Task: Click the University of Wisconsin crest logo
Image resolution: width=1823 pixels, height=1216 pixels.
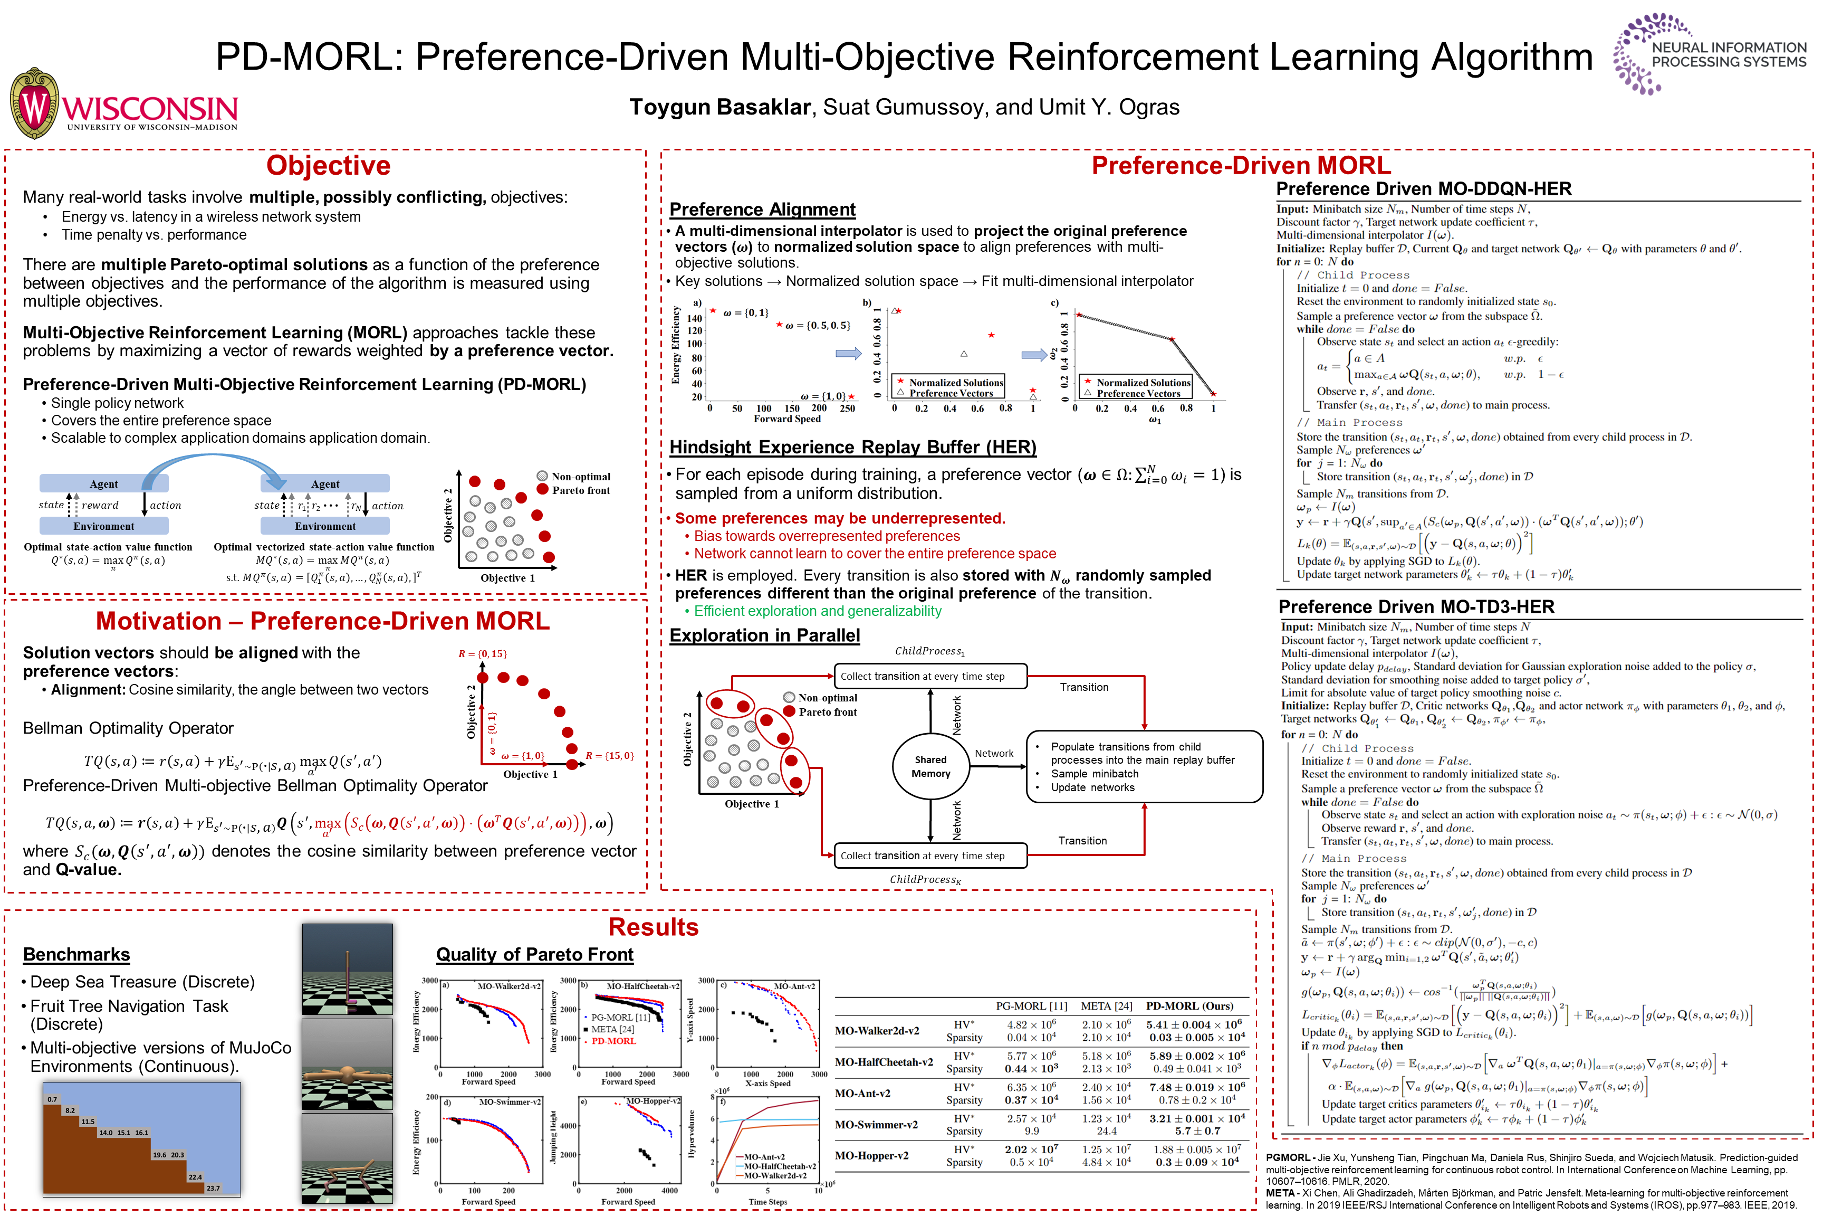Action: coord(34,103)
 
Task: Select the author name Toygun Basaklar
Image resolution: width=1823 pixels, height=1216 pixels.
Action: coord(719,107)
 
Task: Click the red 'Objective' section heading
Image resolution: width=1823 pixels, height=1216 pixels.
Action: coord(328,166)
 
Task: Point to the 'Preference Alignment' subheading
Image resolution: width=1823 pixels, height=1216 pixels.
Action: coord(762,210)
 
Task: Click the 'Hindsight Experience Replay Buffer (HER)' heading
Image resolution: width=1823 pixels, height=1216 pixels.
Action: coord(852,448)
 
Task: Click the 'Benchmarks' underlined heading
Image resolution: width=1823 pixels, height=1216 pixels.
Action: coord(76,955)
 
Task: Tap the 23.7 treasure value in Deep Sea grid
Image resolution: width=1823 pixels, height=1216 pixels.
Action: coord(213,1188)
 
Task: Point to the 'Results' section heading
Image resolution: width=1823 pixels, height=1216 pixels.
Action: coord(653,927)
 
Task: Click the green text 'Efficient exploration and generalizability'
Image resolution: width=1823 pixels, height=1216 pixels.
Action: coord(817,611)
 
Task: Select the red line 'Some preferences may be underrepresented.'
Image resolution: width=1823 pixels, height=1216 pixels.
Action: coord(839,518)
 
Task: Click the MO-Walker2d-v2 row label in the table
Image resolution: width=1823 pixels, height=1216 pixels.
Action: coord(877,1031)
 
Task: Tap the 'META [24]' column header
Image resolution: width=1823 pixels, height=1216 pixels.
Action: coord(1106,1006)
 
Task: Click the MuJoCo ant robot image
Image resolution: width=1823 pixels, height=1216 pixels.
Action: coord(347,1064)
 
